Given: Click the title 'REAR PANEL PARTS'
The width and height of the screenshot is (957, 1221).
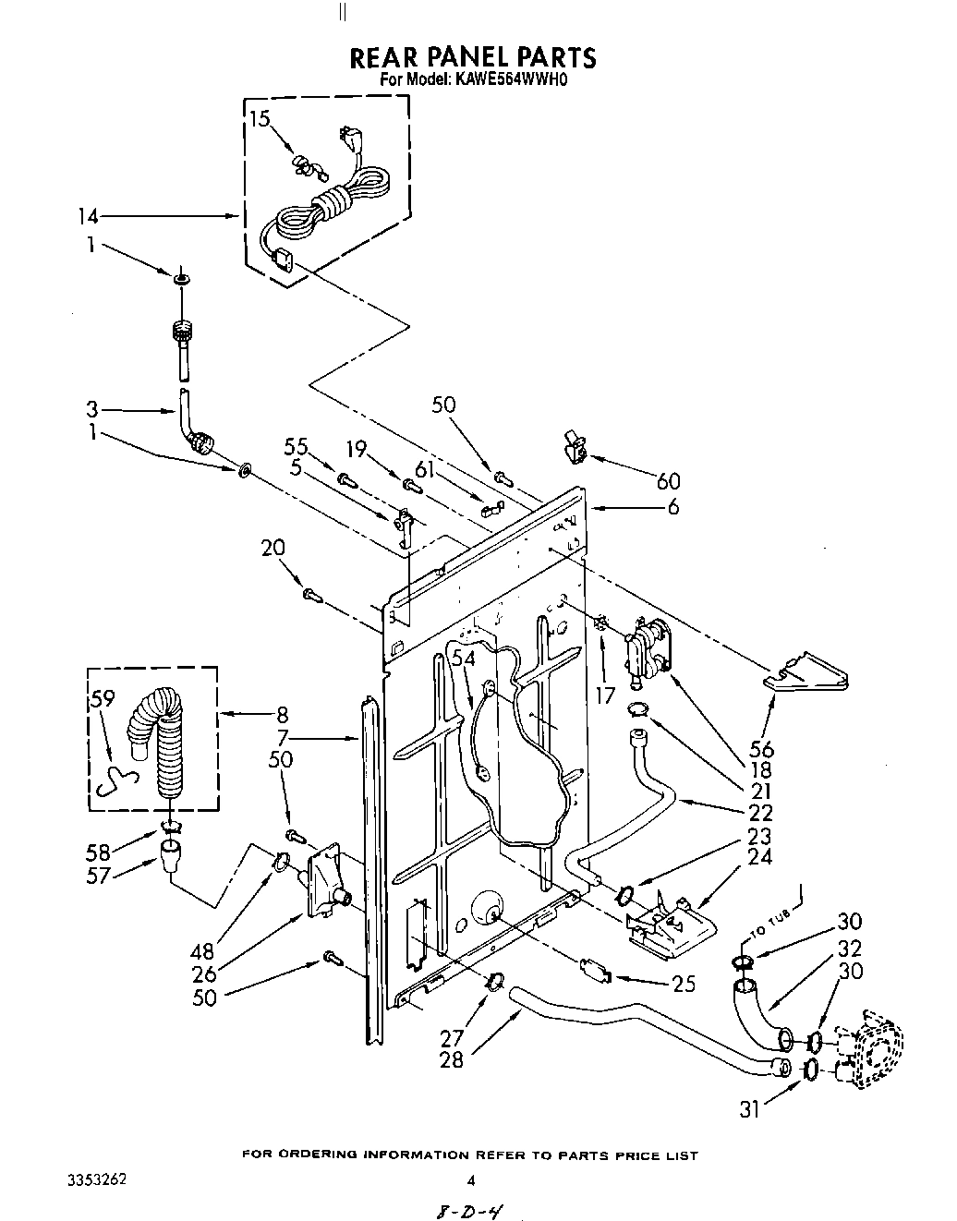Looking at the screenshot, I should [x=472, y=57].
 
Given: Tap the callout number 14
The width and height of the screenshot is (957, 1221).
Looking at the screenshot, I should [x=87, y=217].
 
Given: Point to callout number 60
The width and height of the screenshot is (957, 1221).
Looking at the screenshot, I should [x=668, y=480].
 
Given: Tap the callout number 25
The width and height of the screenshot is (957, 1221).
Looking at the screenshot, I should [x=684, y=985].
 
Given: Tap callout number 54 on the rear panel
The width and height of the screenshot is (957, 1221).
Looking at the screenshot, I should [x=463, y=658].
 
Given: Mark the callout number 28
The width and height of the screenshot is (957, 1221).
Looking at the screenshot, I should [x=452, y=1059].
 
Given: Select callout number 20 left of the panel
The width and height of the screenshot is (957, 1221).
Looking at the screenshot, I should [x=273, y=548].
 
